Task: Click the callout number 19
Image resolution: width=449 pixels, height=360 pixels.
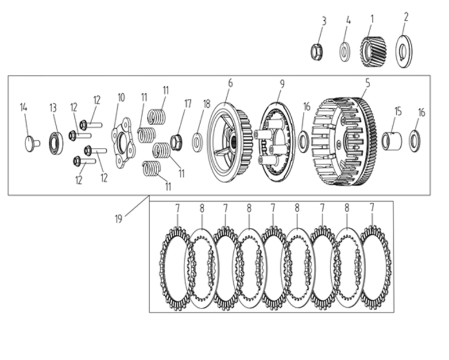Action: click(x=118, y=219)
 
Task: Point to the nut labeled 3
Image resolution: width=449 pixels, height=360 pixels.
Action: click(x=318, y=52)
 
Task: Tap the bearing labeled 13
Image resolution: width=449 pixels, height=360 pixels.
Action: click(x=56, y=143)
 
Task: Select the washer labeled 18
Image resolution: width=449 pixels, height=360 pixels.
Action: click(x=198, y=142)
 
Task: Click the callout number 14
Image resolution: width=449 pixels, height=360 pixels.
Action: click(x=24, y=107)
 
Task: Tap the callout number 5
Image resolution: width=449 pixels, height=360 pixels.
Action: click(x=367, y=83)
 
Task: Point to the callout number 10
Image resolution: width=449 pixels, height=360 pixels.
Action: click(x=121, y=97)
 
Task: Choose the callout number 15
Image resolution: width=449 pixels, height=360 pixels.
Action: click(x=398, y=111)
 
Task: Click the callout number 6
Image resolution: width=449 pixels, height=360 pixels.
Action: click(x=230, y=83)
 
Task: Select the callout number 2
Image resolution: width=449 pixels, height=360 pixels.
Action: click(x=406, y=17)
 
